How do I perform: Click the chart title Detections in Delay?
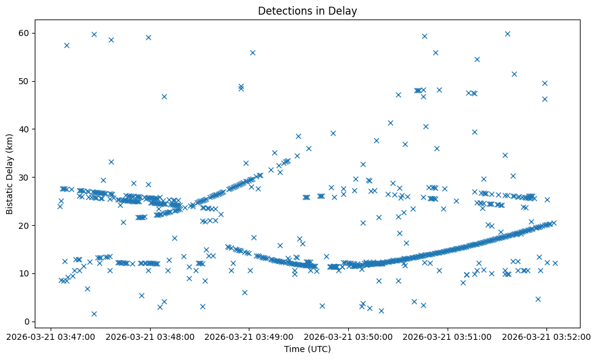point(307,11)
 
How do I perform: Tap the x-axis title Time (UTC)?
point(307,349)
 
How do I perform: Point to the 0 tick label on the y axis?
point(27,322)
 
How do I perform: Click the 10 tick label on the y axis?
point(24,273)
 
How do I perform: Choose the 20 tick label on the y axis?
point(24,225)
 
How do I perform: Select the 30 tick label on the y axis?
point(24,177)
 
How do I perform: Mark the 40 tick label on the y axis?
point(24,129)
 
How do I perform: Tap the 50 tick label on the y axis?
point(24,81)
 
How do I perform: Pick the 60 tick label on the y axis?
point(24,33)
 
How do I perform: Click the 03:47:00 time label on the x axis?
point(51,336)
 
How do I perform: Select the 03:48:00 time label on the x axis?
point(150,336)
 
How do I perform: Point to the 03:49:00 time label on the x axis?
point(249,336)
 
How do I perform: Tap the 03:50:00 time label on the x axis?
point(349,336)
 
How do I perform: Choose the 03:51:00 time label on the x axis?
point(448,336)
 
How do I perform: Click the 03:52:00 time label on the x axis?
point(547,336)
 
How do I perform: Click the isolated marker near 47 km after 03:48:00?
point(164,96)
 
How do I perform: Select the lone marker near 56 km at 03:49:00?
point(252,52)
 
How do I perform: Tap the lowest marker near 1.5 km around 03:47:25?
point(94,314)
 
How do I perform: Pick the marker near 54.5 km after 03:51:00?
point(477,59)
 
